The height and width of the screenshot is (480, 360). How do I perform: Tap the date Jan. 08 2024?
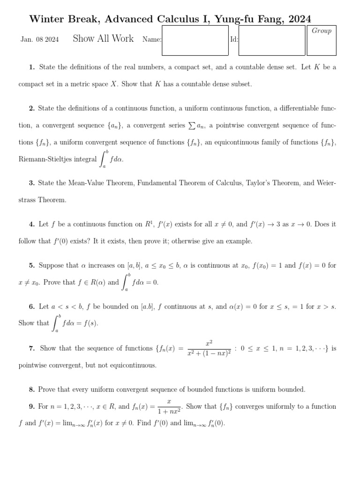pyautogui.click(x=40, y=39)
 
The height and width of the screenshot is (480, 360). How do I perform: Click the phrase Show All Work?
pyautogui.click(x=103, y=39)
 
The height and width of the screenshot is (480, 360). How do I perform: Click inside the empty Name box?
pyautogui.click(x=195, y=40)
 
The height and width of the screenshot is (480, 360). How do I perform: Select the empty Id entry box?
pyautogui.click(x=271, y=40)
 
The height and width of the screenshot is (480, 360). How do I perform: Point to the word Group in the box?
pyautogui.click(x=322, y=31)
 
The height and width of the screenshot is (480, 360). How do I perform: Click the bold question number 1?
pyautogui.click(x=31, y=67)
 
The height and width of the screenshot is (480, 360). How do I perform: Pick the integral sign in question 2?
pyautogui.click(x=104, y=159)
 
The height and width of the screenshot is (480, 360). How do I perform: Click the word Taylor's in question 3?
pyautogui.click(x=259, y=183)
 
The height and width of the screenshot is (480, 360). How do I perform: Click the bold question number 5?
pyautogui.click(x=31, y=265)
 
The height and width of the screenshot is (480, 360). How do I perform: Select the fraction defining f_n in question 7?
pyautogui.click(x=209, y=348)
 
